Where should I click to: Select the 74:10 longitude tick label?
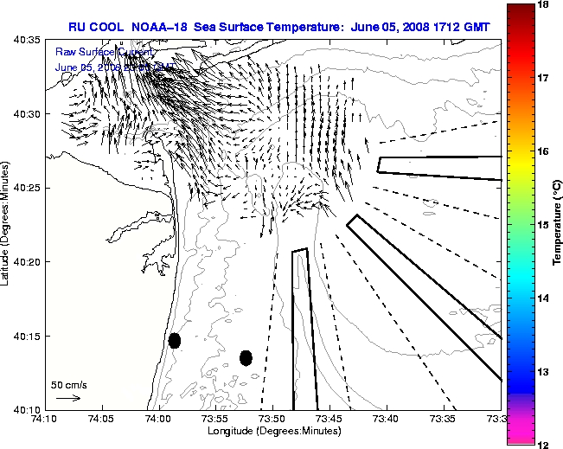pos(46,420)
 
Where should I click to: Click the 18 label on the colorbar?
pos(544,4)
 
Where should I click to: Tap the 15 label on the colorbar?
pos(544,225)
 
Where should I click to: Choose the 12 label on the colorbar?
pos(544,444)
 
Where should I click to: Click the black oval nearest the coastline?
pos(174,340)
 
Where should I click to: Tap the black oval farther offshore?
pos(246,357)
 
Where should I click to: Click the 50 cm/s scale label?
pos(68,384)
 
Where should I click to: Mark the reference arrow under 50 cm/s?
pos(68,398)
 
